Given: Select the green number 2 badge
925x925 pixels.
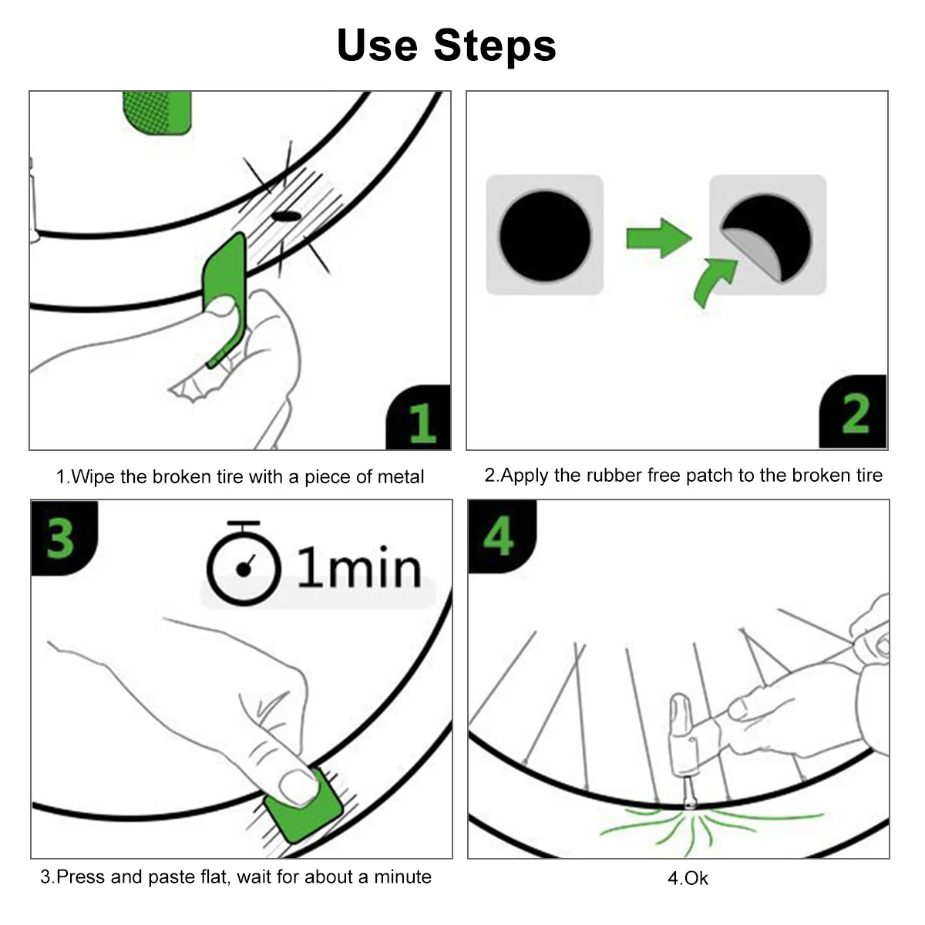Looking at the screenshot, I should click(854, 414).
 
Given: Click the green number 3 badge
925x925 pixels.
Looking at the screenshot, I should click(61, 537).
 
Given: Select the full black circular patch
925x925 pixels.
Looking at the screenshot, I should click(545, 234).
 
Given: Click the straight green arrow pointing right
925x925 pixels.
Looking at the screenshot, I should click(657, 238).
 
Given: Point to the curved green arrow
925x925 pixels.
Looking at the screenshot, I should click(714, 282).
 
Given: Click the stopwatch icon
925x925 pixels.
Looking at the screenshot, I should click(243, 564).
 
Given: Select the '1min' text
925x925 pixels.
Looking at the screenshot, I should click(359, 569).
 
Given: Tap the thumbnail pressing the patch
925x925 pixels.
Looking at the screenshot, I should click(298, 786).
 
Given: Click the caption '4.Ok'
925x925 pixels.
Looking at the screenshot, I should click(687, 878).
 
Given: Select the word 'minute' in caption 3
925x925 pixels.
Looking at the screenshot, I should click(402, 876).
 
